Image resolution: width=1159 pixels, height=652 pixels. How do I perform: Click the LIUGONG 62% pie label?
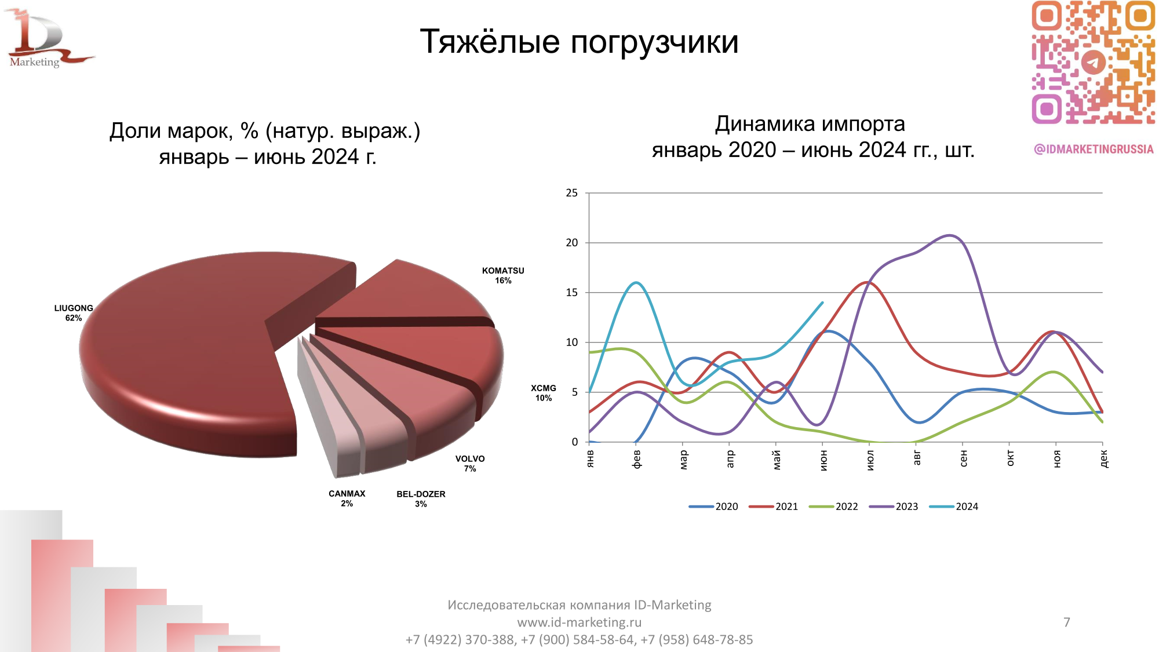pyautogui.click(x=74, y=313)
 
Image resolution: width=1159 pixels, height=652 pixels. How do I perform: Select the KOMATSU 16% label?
pyautogui.click(x=503, y=275)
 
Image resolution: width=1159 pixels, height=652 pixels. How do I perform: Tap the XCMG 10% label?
pyautogui.click(x=544, y=393)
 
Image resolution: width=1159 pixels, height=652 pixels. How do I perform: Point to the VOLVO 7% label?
pyautogui.click(x=470, y=463)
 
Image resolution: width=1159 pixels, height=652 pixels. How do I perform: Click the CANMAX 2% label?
pyautogui.click(x=347, y=498)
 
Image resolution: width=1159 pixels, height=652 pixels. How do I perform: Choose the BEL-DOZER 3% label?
pyautogui.click(x=421, y=499)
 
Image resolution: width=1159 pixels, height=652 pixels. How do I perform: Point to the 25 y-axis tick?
pyautogui.click(x=571, y=193)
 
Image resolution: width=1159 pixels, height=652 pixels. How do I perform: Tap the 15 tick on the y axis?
pyautogui.click(x=571, y=293)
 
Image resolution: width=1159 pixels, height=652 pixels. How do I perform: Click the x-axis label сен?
pyautogui.click(x=963, y=458)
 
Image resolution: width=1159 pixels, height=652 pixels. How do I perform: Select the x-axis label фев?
pyautogui.click(x=636, y=459)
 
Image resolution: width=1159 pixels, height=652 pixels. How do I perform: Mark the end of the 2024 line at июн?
pyautogui.click(x=822, y=303)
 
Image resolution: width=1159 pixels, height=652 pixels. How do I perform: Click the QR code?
pyautogui.click(x=1093, y=63)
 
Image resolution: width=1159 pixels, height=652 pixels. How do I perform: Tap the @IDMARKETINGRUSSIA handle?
pyautogui.click(x=1094, y=149)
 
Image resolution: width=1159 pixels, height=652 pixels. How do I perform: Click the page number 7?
pyautogui.click(x=1066, y=622)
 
